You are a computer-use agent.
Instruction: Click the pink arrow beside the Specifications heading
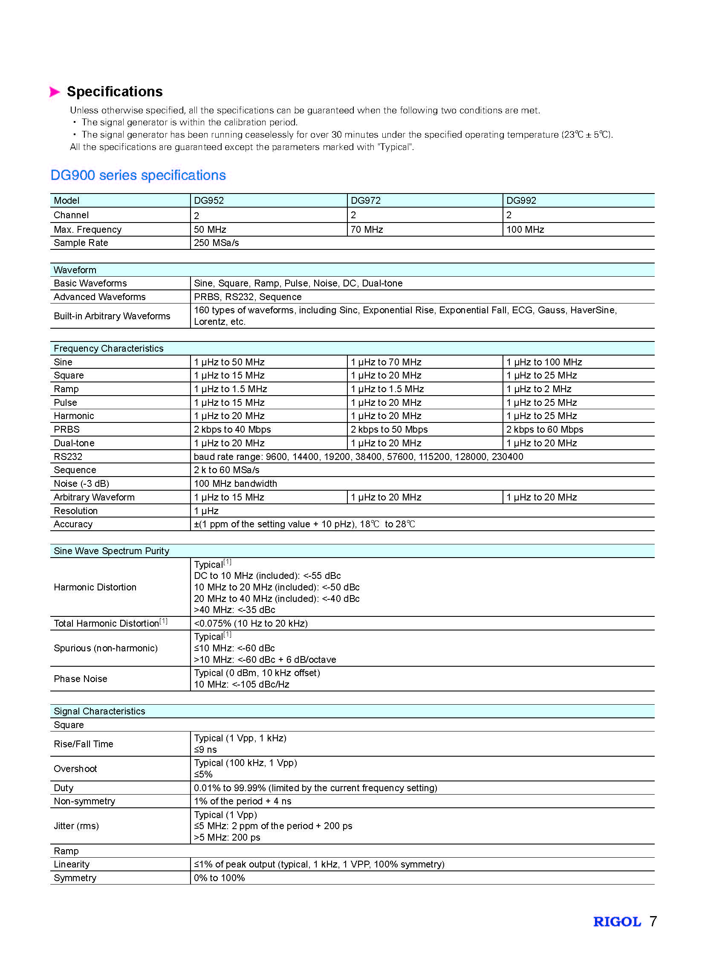(x=55, y=92)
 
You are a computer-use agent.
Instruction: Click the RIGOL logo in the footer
(x=617, y=922)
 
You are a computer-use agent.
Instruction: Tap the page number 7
(x=653, y=922)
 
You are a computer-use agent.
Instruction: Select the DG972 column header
(x=365, y=201)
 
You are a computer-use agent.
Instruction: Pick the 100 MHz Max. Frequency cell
(x=525, y=230)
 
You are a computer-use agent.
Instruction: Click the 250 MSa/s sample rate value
(x=217, y=243)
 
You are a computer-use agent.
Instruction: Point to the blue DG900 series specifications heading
(x=138, y=176)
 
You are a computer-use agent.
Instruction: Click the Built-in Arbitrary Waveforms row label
(x=112, y=316)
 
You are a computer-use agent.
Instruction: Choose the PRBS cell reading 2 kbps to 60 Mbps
(x=545, y=429)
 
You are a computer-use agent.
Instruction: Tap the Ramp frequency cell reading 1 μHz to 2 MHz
(x=539, y=389)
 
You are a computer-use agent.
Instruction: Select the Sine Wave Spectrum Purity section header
(x=111, y=551)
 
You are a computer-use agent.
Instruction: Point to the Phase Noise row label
(x=80, y=679)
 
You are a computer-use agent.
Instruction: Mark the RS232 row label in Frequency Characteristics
(x=68, y=457)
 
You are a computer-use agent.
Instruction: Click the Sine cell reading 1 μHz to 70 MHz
(x=386, y=362)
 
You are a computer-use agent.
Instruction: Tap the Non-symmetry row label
(x=84, y=801)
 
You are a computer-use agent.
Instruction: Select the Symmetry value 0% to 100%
(x=220, y=878)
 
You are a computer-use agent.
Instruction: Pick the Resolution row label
(x=75, y=511)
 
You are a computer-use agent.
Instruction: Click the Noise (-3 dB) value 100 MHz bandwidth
(x=235, y=484)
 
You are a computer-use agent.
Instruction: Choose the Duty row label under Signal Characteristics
(x=64, y=788)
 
